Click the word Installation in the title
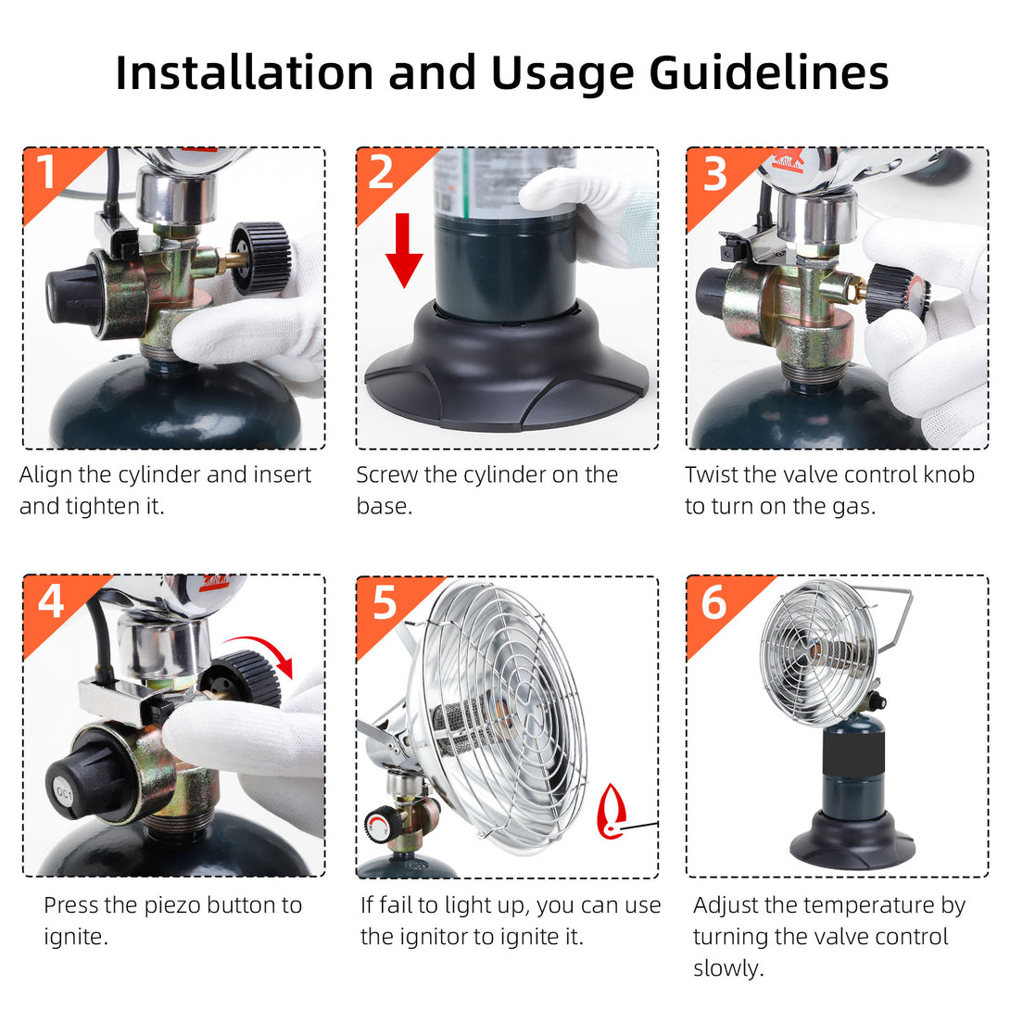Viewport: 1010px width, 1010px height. pos(245,72)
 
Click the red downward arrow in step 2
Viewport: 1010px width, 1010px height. pos(404,250)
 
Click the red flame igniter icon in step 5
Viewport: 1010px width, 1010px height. pos(611,812)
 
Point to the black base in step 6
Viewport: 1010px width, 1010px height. pos(852,840)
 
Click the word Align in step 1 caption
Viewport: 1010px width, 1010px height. pos(45,475)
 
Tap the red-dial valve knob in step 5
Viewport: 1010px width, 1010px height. pos(378,825)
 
